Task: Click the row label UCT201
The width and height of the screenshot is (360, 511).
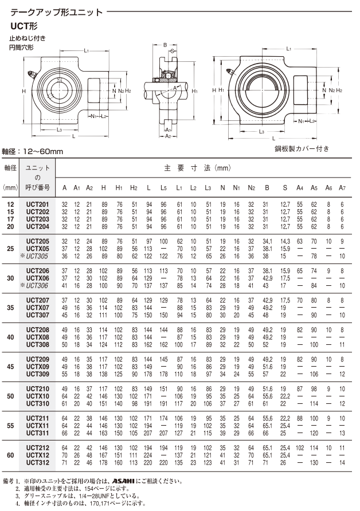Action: point(38,205)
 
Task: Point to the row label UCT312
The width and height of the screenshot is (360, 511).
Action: point(38,462)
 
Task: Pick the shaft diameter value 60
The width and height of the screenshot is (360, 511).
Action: point(10,455)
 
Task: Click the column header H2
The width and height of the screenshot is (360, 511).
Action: point(134,188)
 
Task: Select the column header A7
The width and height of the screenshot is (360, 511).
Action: point(342,188)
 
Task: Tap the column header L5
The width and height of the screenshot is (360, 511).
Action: point(164,188)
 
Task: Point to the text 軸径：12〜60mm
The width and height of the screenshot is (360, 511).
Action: point(32,151)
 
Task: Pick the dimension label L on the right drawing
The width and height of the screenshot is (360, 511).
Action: point(274,139)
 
